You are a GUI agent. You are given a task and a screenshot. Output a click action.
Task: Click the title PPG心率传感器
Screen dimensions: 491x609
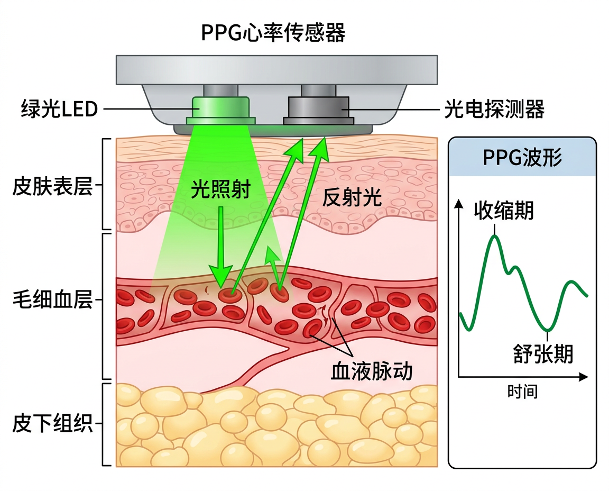pyautogui.click(x=273, y=33)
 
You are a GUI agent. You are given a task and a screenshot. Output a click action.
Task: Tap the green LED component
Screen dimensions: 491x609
pyautogui.click(x=221, y=108)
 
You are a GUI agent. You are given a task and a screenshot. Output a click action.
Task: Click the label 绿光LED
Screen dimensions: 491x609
pyautogui.click(x=59, y=110)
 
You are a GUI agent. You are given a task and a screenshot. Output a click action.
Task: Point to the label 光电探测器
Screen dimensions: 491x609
pyautogui.click(x=494, y=110)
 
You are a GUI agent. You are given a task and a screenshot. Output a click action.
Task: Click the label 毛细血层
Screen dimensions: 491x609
pyautogui.click(x=52, y=300)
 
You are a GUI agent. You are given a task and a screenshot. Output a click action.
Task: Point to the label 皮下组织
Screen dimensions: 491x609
pyautogui.click(x=52, y=424)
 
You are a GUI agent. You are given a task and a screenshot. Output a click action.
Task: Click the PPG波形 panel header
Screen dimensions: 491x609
pyautogui.click(x=522, y=158)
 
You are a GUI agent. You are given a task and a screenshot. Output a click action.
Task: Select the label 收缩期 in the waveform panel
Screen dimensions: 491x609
pyautogui.click(x=503, y=211)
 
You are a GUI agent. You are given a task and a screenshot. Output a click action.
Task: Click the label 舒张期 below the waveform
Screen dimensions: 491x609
pyautogui.click(x=543, y=353)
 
